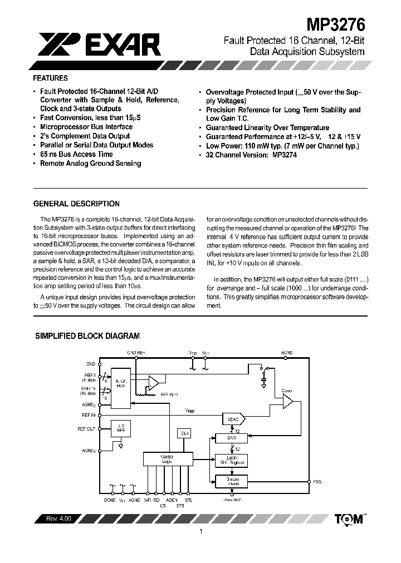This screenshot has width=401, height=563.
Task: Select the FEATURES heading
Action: click(50, 78)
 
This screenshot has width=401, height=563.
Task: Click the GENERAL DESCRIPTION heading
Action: click(76, 204)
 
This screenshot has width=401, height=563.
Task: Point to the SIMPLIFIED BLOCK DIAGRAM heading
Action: click(87, 336)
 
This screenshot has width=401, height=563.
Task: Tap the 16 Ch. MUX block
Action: click(120, 385)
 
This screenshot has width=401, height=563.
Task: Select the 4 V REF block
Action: click(120, 428)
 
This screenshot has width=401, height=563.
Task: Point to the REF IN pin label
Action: click(89, 415)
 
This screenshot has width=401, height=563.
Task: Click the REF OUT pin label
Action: click(87, 429)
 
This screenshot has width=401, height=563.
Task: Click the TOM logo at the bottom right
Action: click(349, 519)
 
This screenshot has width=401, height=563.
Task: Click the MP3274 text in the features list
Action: click(285, 155)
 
